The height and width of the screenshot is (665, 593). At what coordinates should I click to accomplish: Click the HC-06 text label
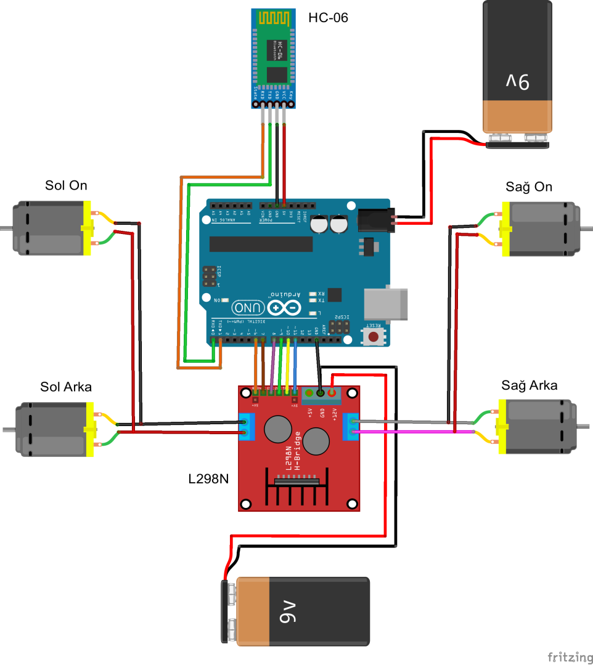pyautogui.click(x=328, y=18)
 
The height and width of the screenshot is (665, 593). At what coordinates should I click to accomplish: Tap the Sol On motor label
pyautogui.click(x=66, y=185)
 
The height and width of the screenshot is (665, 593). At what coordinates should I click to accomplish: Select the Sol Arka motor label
pyautogui.click(x=66, y=387)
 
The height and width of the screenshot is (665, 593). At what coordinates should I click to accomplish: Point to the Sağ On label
pyautogui.click(x=529, y=187)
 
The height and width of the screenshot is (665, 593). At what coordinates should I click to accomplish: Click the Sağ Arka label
pyautogui.click(x=529, y=385)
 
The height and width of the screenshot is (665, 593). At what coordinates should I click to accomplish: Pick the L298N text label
pyautogui.click(x=209, y=477)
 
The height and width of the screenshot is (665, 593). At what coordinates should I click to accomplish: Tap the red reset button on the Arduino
pyautogui.click(x=374, y=336)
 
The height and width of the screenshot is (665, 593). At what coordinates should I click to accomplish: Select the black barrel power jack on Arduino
pyautogui.click(x=375, y=220)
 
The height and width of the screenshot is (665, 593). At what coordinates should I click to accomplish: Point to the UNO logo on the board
pyautogui.click(x=248, y=307)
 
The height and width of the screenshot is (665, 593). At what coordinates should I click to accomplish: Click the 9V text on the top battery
pyautogui.click(x=518, y=81)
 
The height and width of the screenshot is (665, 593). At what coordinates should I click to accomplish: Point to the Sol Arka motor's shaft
pyautogui.click(x=8, y=429)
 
